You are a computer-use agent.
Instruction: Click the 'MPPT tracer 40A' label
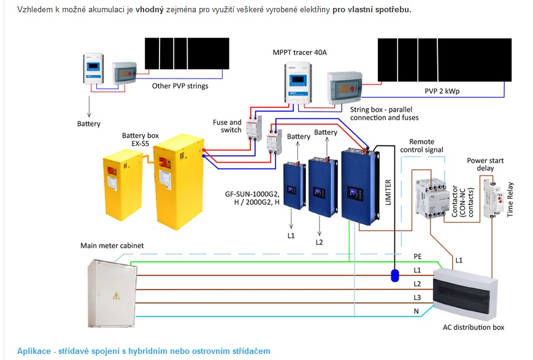[x=299, y=52]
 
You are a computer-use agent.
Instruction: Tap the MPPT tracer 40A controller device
[x=297, y=83]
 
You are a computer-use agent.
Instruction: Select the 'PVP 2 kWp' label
[x=442, y=91]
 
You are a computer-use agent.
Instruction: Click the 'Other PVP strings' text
[x=180, y=86]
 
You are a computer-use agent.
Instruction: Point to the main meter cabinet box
[x=112, y=293]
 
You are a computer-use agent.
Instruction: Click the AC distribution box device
[x=466, y=294]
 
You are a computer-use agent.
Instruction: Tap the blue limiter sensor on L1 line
[x=394, y=275]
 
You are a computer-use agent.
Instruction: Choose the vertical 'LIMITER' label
[x=388, y=193]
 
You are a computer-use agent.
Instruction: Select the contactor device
[x=431, y=197]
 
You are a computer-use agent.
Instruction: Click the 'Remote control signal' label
[x=421, y=146]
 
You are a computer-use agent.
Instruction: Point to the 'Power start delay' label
[x=485, y=164]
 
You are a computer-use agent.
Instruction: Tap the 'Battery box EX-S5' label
[x=140, y=139]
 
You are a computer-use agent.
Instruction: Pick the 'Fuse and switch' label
[x=227, y=126]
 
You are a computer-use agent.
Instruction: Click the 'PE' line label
[x=418, y=256]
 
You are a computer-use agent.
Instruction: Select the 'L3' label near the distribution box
[x=417, y=298]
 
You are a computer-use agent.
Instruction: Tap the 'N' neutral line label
[x=416, y=312]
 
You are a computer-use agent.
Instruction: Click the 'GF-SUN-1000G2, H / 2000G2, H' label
[x=252, y=198]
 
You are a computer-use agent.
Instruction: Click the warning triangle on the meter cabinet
[x=117, y=296]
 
